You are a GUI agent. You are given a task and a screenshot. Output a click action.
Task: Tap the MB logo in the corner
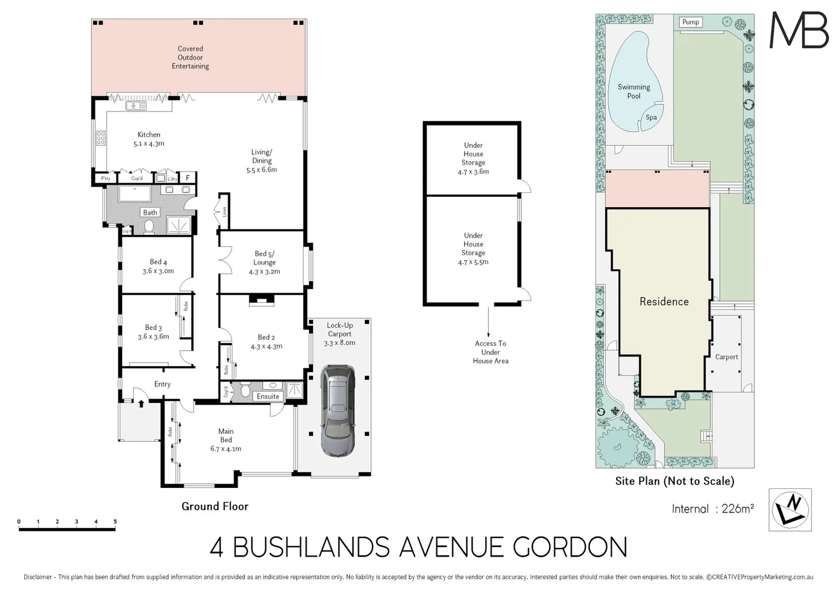pos(799,30)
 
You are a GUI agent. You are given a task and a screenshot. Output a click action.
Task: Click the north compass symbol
pos(790,510)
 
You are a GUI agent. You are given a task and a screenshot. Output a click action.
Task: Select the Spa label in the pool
pos(651,117)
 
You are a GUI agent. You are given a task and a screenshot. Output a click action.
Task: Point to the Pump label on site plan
pos(691,22)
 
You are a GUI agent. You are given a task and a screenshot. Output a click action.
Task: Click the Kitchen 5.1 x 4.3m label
pos(149,139)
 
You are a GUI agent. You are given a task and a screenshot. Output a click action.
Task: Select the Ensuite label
pos(268,396)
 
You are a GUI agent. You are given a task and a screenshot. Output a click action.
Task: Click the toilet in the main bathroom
pos(149,226)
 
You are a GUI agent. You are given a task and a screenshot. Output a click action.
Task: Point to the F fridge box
pos(187,178)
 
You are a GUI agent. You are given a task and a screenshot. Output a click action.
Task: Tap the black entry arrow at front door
pos(141,404)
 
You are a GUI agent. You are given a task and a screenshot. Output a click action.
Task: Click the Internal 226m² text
pos(713,509)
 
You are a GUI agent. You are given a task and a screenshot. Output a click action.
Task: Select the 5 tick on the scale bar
pos(115,522)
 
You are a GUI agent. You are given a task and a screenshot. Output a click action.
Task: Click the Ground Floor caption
pos(215,506)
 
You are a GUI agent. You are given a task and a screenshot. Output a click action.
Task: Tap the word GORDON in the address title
pos(570,547)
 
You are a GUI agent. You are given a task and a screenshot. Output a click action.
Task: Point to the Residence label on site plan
pos(664,301)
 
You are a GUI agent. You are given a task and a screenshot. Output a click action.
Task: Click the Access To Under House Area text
pos(491,352)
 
